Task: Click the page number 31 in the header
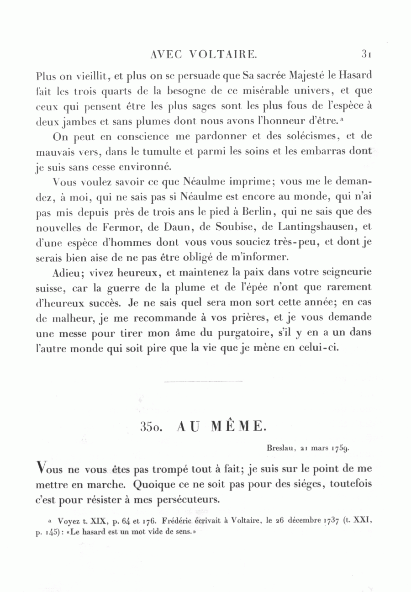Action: (368, 54)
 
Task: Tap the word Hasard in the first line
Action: (353, 75)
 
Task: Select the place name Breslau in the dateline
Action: (280, 449)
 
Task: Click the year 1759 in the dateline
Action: (340, 449)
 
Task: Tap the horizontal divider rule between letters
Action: (203, 381)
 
